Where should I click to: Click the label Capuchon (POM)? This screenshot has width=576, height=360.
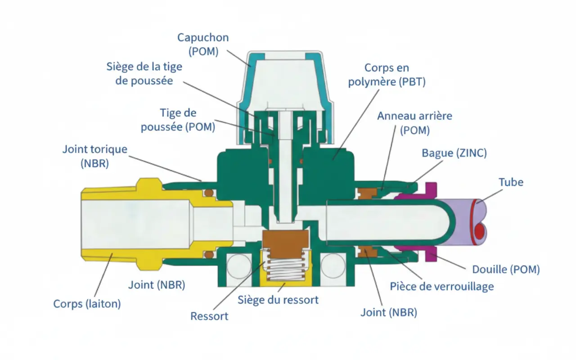[x=203, y=44]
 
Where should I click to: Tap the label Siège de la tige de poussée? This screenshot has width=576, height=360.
[x=144, y=74]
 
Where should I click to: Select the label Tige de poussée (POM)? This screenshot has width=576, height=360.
[x=178, y=120]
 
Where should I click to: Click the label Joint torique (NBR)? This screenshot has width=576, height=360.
[x=95, y=156]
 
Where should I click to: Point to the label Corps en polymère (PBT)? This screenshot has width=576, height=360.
[x=387, y=75]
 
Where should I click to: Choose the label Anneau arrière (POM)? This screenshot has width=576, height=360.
[x=414, y=123]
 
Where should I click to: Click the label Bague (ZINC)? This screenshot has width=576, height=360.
[x=454, y=153]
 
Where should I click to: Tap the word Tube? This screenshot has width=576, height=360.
[x=511, y=182]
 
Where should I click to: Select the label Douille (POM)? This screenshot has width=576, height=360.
[x=505, y=270]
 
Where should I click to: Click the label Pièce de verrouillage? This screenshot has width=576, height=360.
[x=441, y=286]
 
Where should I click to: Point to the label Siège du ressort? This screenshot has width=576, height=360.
[x=278, y=300]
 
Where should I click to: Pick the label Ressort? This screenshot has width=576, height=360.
[x=209, y=315]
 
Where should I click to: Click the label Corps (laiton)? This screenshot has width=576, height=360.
[x=87, y=304]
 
